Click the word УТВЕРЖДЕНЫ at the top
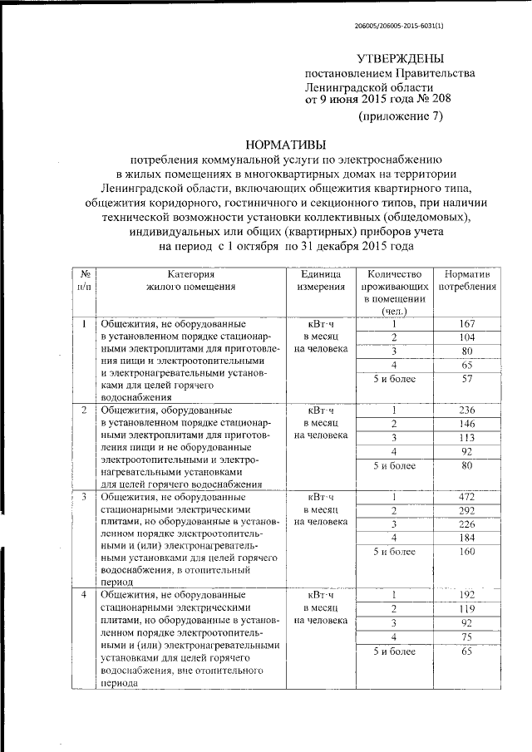tap(400, 59)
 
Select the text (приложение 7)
tap(401, 116)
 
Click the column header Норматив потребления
tap(467, 280)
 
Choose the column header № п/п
tap(84, 280)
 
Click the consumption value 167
tap(466, 323)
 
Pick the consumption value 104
tap(466, 337)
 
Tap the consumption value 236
tap(466, 410)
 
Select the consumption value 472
tap(466, 497)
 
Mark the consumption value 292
tap(466, 511)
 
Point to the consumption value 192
tap(466, 595)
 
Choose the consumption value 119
tap(466, 609)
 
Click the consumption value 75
tap(466, 638)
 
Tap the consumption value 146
tap(466, 424)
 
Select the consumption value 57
tap(466, 379)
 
